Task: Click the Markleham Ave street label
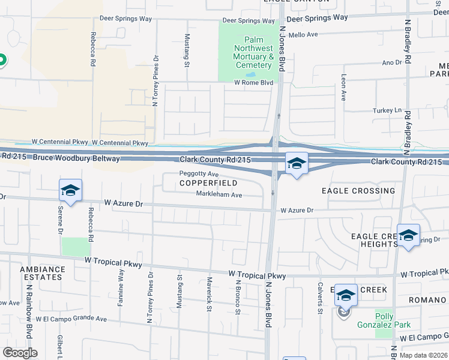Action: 219,194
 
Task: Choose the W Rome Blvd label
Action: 253,82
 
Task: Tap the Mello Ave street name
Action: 304,35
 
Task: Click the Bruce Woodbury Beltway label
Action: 76,158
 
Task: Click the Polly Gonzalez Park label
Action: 393,320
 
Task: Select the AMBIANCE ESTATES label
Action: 41,273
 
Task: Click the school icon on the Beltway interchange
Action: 296,163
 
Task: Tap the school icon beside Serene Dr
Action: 70,190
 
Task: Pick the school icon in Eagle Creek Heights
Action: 408,235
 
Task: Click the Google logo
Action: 20,353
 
